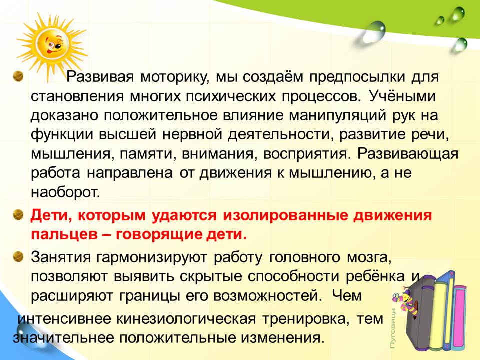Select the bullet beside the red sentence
[18, 215]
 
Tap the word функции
[62, 135]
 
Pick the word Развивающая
[408, 154]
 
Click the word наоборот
[65, 193]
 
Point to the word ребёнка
[375, 276]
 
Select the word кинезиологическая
[186, 319]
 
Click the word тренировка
[306, 319]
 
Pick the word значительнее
[63, 338]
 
